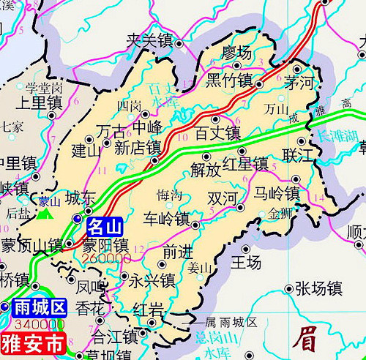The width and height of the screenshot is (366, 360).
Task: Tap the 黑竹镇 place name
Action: point(229,79)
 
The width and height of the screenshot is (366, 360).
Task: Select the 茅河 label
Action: point(299,81)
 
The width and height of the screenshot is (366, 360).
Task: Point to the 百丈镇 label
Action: point(217,133)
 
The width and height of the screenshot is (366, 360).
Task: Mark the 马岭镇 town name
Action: point(277,194)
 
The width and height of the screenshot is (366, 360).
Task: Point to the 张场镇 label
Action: point(318,288)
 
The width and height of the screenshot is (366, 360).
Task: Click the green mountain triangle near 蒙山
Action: point(46,214)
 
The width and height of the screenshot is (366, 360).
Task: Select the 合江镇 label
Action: point(115,337)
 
